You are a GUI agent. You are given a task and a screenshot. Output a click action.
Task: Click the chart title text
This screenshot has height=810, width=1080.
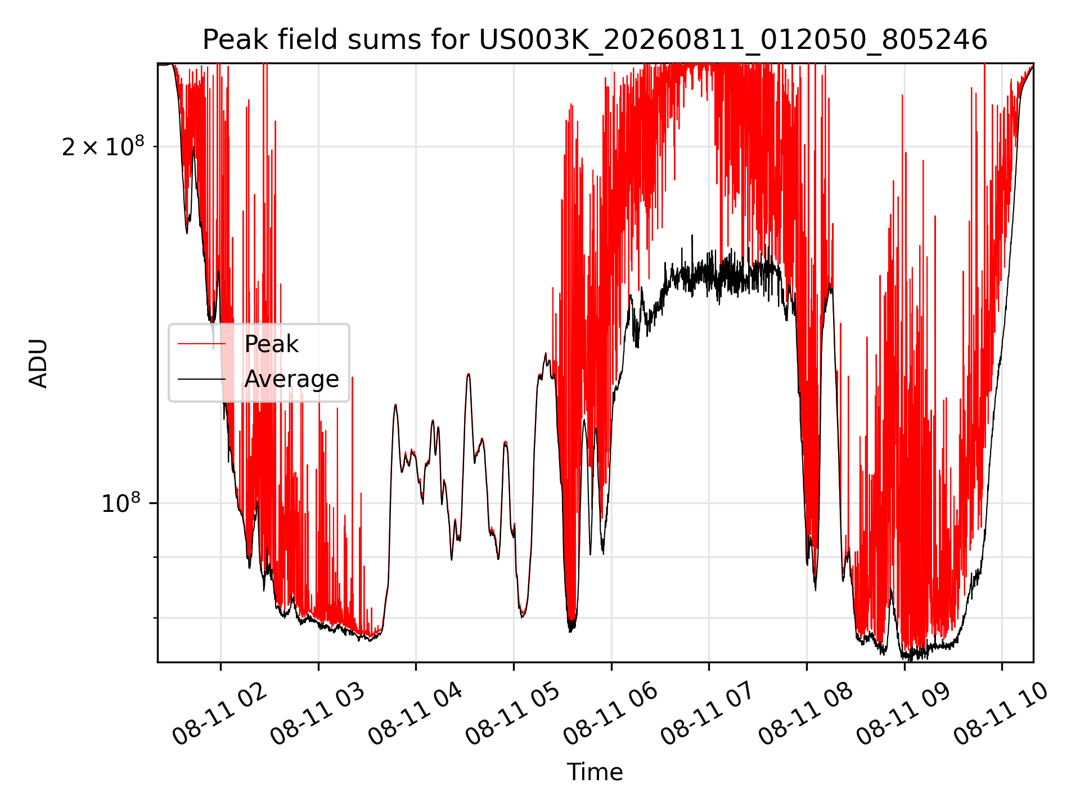[595, 40]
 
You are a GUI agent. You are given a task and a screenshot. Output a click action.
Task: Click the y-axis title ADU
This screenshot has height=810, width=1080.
[38, 363]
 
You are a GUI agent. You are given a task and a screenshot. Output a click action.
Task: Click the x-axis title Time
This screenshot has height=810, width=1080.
[595, 772]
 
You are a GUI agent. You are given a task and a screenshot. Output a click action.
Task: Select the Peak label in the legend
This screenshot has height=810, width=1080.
[271, 344]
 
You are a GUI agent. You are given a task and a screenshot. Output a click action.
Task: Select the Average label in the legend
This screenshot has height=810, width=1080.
[291, 379]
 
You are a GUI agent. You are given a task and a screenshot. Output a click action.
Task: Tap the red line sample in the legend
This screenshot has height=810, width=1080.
[201, 344]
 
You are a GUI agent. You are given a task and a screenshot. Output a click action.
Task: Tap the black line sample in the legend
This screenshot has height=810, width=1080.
[201, 379]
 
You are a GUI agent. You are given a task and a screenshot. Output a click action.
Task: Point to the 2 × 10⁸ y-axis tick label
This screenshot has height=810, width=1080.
[103, 146]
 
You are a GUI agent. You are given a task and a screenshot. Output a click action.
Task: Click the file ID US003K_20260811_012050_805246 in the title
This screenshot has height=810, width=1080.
[733, 40]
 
